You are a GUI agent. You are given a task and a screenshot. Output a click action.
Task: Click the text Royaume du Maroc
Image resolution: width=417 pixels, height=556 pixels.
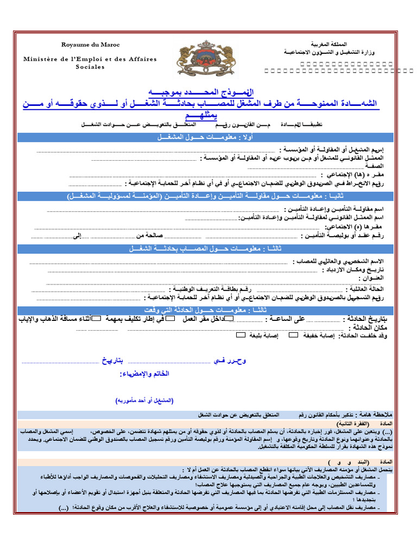pyautogui.click(x=91, y=45)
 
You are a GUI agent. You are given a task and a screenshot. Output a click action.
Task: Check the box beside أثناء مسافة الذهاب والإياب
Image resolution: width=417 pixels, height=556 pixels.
pyautogui.click(x=97, y=319)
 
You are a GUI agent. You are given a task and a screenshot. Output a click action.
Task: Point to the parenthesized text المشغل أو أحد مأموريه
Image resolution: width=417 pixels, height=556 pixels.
pyautogui.click(x=144, y=400)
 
